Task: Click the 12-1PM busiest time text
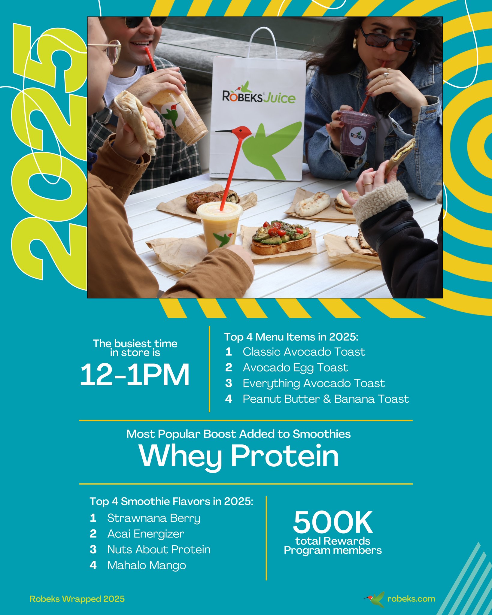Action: pyautogui.click(x=135, y=374)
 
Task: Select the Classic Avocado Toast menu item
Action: pyautogui.click(x=304, y=352)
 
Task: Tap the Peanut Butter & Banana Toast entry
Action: pyautogui.click(x=326, y=399)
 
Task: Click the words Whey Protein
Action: pyautogui.click(x=239, y=456)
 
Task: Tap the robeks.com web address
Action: pyautogui.click(x=411, y=599)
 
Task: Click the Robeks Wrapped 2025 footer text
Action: pyautogui.click(x=77, y=599)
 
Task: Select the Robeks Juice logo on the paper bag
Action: pyautogui.click(x=259, y=95)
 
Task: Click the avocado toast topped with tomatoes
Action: pyautogui.click(x=281, y=237)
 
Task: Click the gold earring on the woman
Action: pyautogui.click(x=356, y=43)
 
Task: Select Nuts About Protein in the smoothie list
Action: pyautogui.click(x=159, y=550)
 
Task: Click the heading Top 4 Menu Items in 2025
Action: pyautogui.click(x=291, y=337)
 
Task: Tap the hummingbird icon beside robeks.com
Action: pyautogui.click(x=375, y=599)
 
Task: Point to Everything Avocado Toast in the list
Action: pyautogui.click(x=314, y=383)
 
